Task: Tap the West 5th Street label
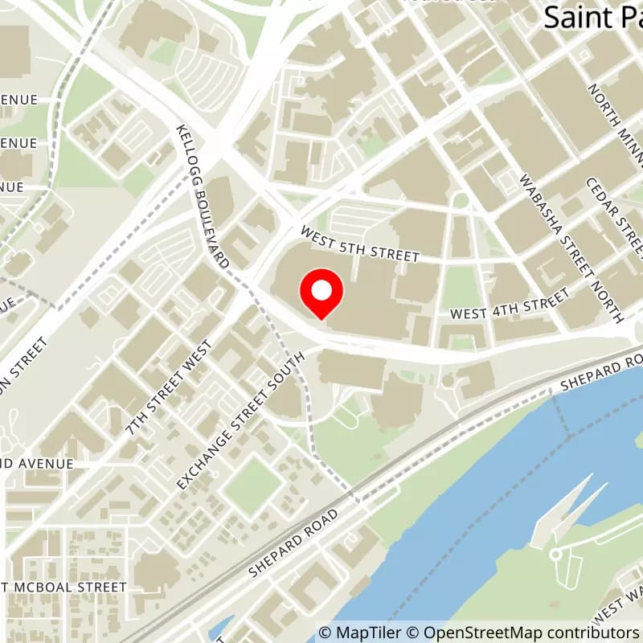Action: click(x=360, y=244)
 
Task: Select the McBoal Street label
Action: click(x=64, y=588)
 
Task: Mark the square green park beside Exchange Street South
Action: click(x=252, y=485)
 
